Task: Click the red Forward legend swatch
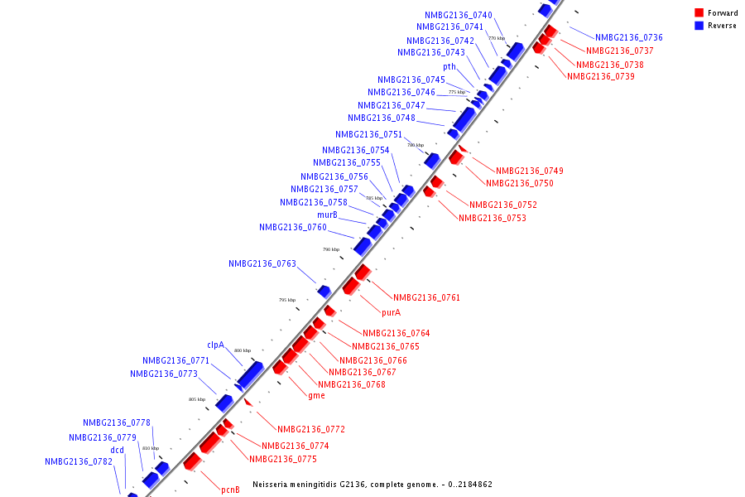pos(699,12)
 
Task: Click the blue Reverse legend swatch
pos(699,26)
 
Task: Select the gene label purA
pos(391,313)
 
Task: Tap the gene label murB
pos(327,215)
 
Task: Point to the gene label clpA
pos(215,345)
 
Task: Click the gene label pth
pos(449,67)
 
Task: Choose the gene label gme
pos(316,396)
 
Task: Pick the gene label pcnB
pos(230,490)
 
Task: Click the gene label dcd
pos(118,450)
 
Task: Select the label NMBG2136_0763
pos(262,264)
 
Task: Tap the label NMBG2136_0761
pos(426,297)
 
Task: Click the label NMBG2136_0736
pos(628,37)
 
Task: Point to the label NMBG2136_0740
pos(459,16)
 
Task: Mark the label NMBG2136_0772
pos(310,429)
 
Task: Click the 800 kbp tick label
pos(242,351)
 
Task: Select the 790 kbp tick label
pos(331,249)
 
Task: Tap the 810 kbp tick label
pos(150,448)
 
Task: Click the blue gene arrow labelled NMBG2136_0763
pos(324,291)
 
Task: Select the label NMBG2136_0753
pos(492,219)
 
